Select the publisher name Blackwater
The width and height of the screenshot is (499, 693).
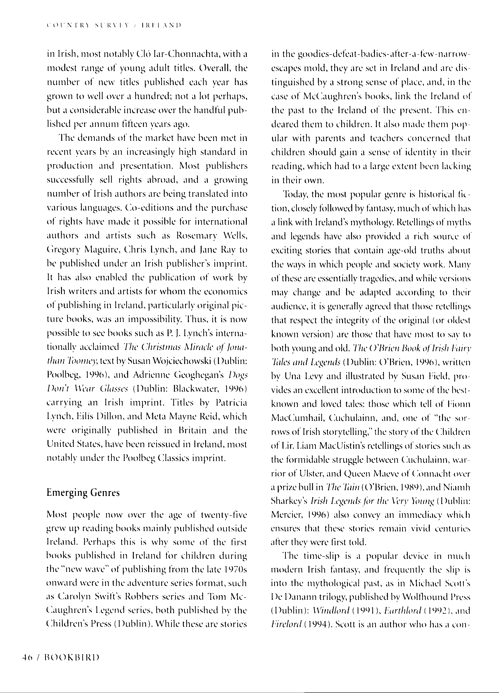[x=196, y=389]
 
